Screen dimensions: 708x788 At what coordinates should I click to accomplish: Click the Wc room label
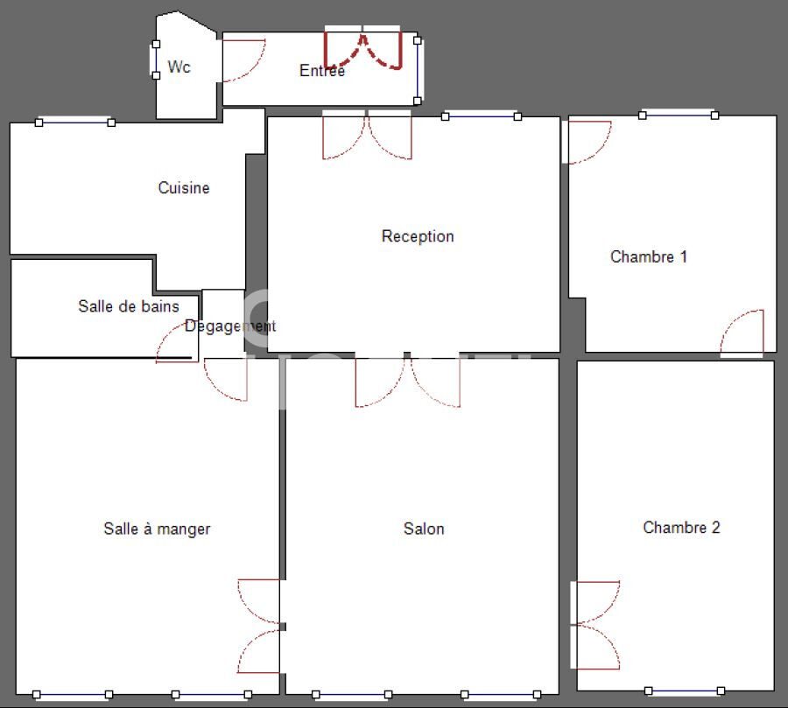(x=179, y=67)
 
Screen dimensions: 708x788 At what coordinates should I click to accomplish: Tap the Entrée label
(x=322, y=71)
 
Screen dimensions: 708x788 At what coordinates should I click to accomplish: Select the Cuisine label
(x=184, y=187)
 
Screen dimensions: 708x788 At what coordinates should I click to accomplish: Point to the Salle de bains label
(x=129, y=306)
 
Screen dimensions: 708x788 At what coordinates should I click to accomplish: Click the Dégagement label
(x=230, y=326)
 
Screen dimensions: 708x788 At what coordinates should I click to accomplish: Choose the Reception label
(x=418, y=236)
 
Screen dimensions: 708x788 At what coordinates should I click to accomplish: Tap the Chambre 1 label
(x=649, y=256)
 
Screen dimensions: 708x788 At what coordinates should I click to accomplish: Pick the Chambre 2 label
(x=681, y=527)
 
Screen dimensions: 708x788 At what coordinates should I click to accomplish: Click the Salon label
(x=424, y=529)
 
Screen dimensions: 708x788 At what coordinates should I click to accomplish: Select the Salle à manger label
(x=157, y=529)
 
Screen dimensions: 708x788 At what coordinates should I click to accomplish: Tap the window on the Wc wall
(x=156, y=60)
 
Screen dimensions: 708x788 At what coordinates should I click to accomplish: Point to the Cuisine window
(x=75, y=123)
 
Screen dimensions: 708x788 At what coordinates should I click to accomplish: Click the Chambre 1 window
(x=679, y=115)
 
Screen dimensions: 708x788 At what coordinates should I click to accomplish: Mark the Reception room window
(x=481, y=116)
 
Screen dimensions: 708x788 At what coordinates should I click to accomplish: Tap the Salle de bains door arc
(x=174, y=344)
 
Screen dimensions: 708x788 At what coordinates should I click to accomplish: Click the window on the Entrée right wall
(x=418, y=70)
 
